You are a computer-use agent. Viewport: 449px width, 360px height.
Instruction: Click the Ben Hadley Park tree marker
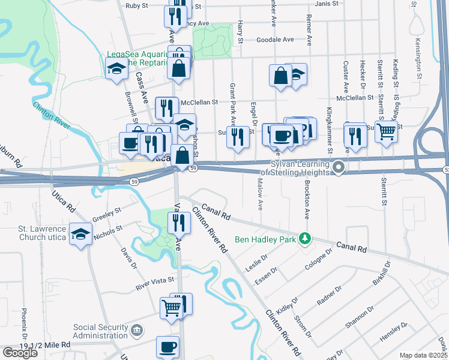tap(306, 239)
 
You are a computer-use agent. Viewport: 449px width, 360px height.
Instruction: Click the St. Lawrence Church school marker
tap(80, 233)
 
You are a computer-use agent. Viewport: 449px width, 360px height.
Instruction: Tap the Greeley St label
tap(107, 214)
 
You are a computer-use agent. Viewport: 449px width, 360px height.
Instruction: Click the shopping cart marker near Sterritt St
tap(386, 131)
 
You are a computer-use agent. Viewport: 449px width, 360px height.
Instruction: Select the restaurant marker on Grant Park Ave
tap(238, 136)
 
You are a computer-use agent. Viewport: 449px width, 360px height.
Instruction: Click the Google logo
tap(20, 353)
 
